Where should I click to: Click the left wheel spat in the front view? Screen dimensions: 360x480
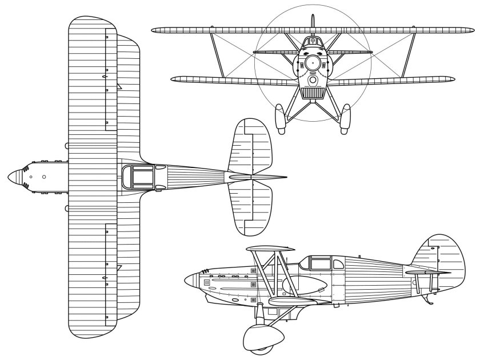coord(281,119)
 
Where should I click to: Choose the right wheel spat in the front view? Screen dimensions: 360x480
coord(345,119)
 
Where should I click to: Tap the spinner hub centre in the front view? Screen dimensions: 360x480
coord(313,63)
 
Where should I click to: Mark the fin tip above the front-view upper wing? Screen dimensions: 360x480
coord(313,19)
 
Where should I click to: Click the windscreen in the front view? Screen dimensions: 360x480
coord(313,41)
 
